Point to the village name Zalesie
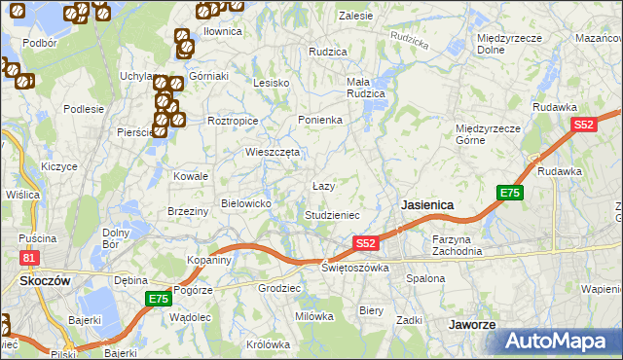[355, 16]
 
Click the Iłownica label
[222, 31]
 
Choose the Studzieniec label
[332, 214]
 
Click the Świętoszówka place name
[355, 268]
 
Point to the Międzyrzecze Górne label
[488, 133]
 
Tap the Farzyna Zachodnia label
[458, 245]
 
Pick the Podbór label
[39, 43]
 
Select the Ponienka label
[319, 120]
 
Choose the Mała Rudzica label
[366, 89]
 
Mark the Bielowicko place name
[252, 202]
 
